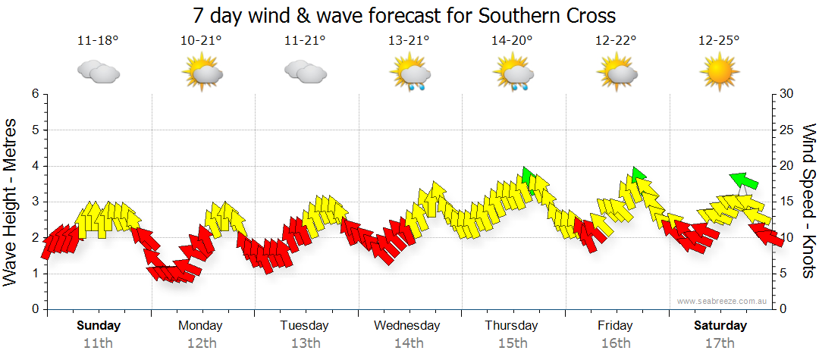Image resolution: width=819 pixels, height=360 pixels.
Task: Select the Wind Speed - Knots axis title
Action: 808,201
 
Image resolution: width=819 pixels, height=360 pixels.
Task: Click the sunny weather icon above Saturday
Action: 719,74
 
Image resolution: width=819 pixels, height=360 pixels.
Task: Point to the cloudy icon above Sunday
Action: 98,73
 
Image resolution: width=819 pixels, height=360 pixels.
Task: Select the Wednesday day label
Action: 407,326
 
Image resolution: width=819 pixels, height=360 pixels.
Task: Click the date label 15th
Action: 512,343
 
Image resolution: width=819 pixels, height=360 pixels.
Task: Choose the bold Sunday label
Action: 98,326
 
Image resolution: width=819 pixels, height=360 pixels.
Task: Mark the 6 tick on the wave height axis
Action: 35,94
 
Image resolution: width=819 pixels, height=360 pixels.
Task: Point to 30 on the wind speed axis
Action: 786,94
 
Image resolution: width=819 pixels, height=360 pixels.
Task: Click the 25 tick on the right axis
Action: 786,130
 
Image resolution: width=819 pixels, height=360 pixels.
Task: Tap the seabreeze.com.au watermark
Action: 723,301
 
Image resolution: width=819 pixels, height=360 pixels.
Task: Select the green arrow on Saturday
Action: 744,180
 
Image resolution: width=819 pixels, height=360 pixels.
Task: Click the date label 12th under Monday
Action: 201,343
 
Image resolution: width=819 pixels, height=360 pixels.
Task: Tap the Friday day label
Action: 615,326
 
